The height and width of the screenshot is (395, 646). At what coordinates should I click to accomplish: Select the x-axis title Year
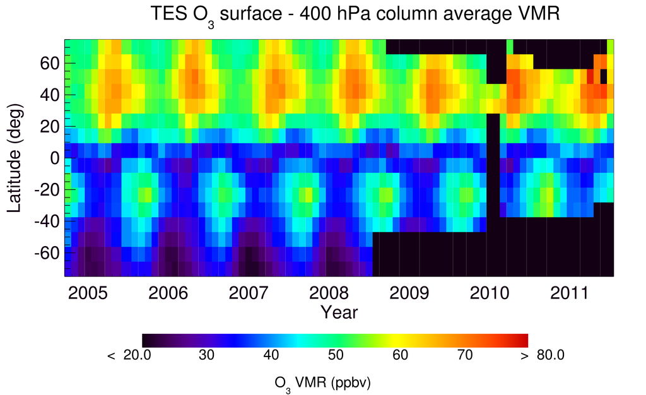(339, 312)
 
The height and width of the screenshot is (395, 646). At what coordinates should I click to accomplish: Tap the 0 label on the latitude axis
(55, 158)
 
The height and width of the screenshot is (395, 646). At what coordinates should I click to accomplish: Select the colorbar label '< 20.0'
(130, 355)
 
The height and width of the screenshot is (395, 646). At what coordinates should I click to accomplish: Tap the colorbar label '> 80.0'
(544, 355)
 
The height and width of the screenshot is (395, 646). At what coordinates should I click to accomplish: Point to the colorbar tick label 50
(335, 355)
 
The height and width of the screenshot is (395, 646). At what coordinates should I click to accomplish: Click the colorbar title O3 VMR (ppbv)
(335, 382)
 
